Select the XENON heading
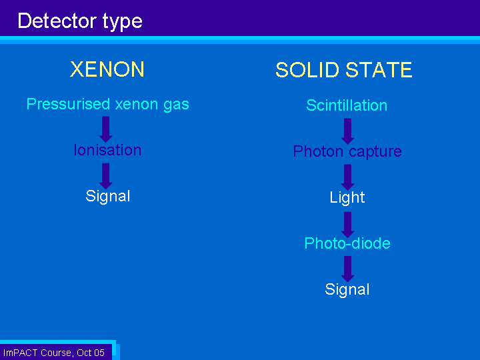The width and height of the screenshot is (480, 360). point(107,69)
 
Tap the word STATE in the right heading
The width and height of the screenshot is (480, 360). point(379,70)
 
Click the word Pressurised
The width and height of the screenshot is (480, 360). point(68,104)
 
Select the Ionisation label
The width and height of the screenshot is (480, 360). point(107,150)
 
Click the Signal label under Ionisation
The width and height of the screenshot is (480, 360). point(108,197)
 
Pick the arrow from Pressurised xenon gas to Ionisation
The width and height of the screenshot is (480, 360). point(105,129)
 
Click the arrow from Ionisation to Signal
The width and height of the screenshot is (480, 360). point(105,176)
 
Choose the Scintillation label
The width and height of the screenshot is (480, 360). point(347,105)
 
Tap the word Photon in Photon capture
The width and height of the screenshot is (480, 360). point(318,151)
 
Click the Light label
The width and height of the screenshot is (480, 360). point(347,198)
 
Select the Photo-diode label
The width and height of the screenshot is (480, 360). point(347,243)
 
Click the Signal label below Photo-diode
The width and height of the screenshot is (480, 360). point(347,290)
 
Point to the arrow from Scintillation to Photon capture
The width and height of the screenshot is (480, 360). point(347,131)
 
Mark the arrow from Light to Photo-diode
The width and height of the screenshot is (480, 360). point(347,225)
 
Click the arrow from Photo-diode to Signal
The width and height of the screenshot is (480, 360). point(347,269)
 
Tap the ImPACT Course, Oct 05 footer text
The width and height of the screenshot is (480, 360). point(54,353)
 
